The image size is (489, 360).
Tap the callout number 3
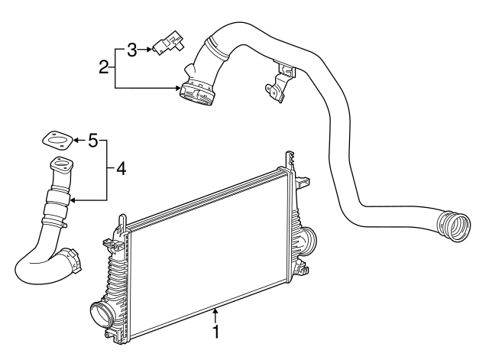(131, 50)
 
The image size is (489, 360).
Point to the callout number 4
(121, 168)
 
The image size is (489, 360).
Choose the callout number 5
(92, 140)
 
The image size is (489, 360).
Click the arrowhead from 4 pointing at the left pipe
(73, 200)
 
